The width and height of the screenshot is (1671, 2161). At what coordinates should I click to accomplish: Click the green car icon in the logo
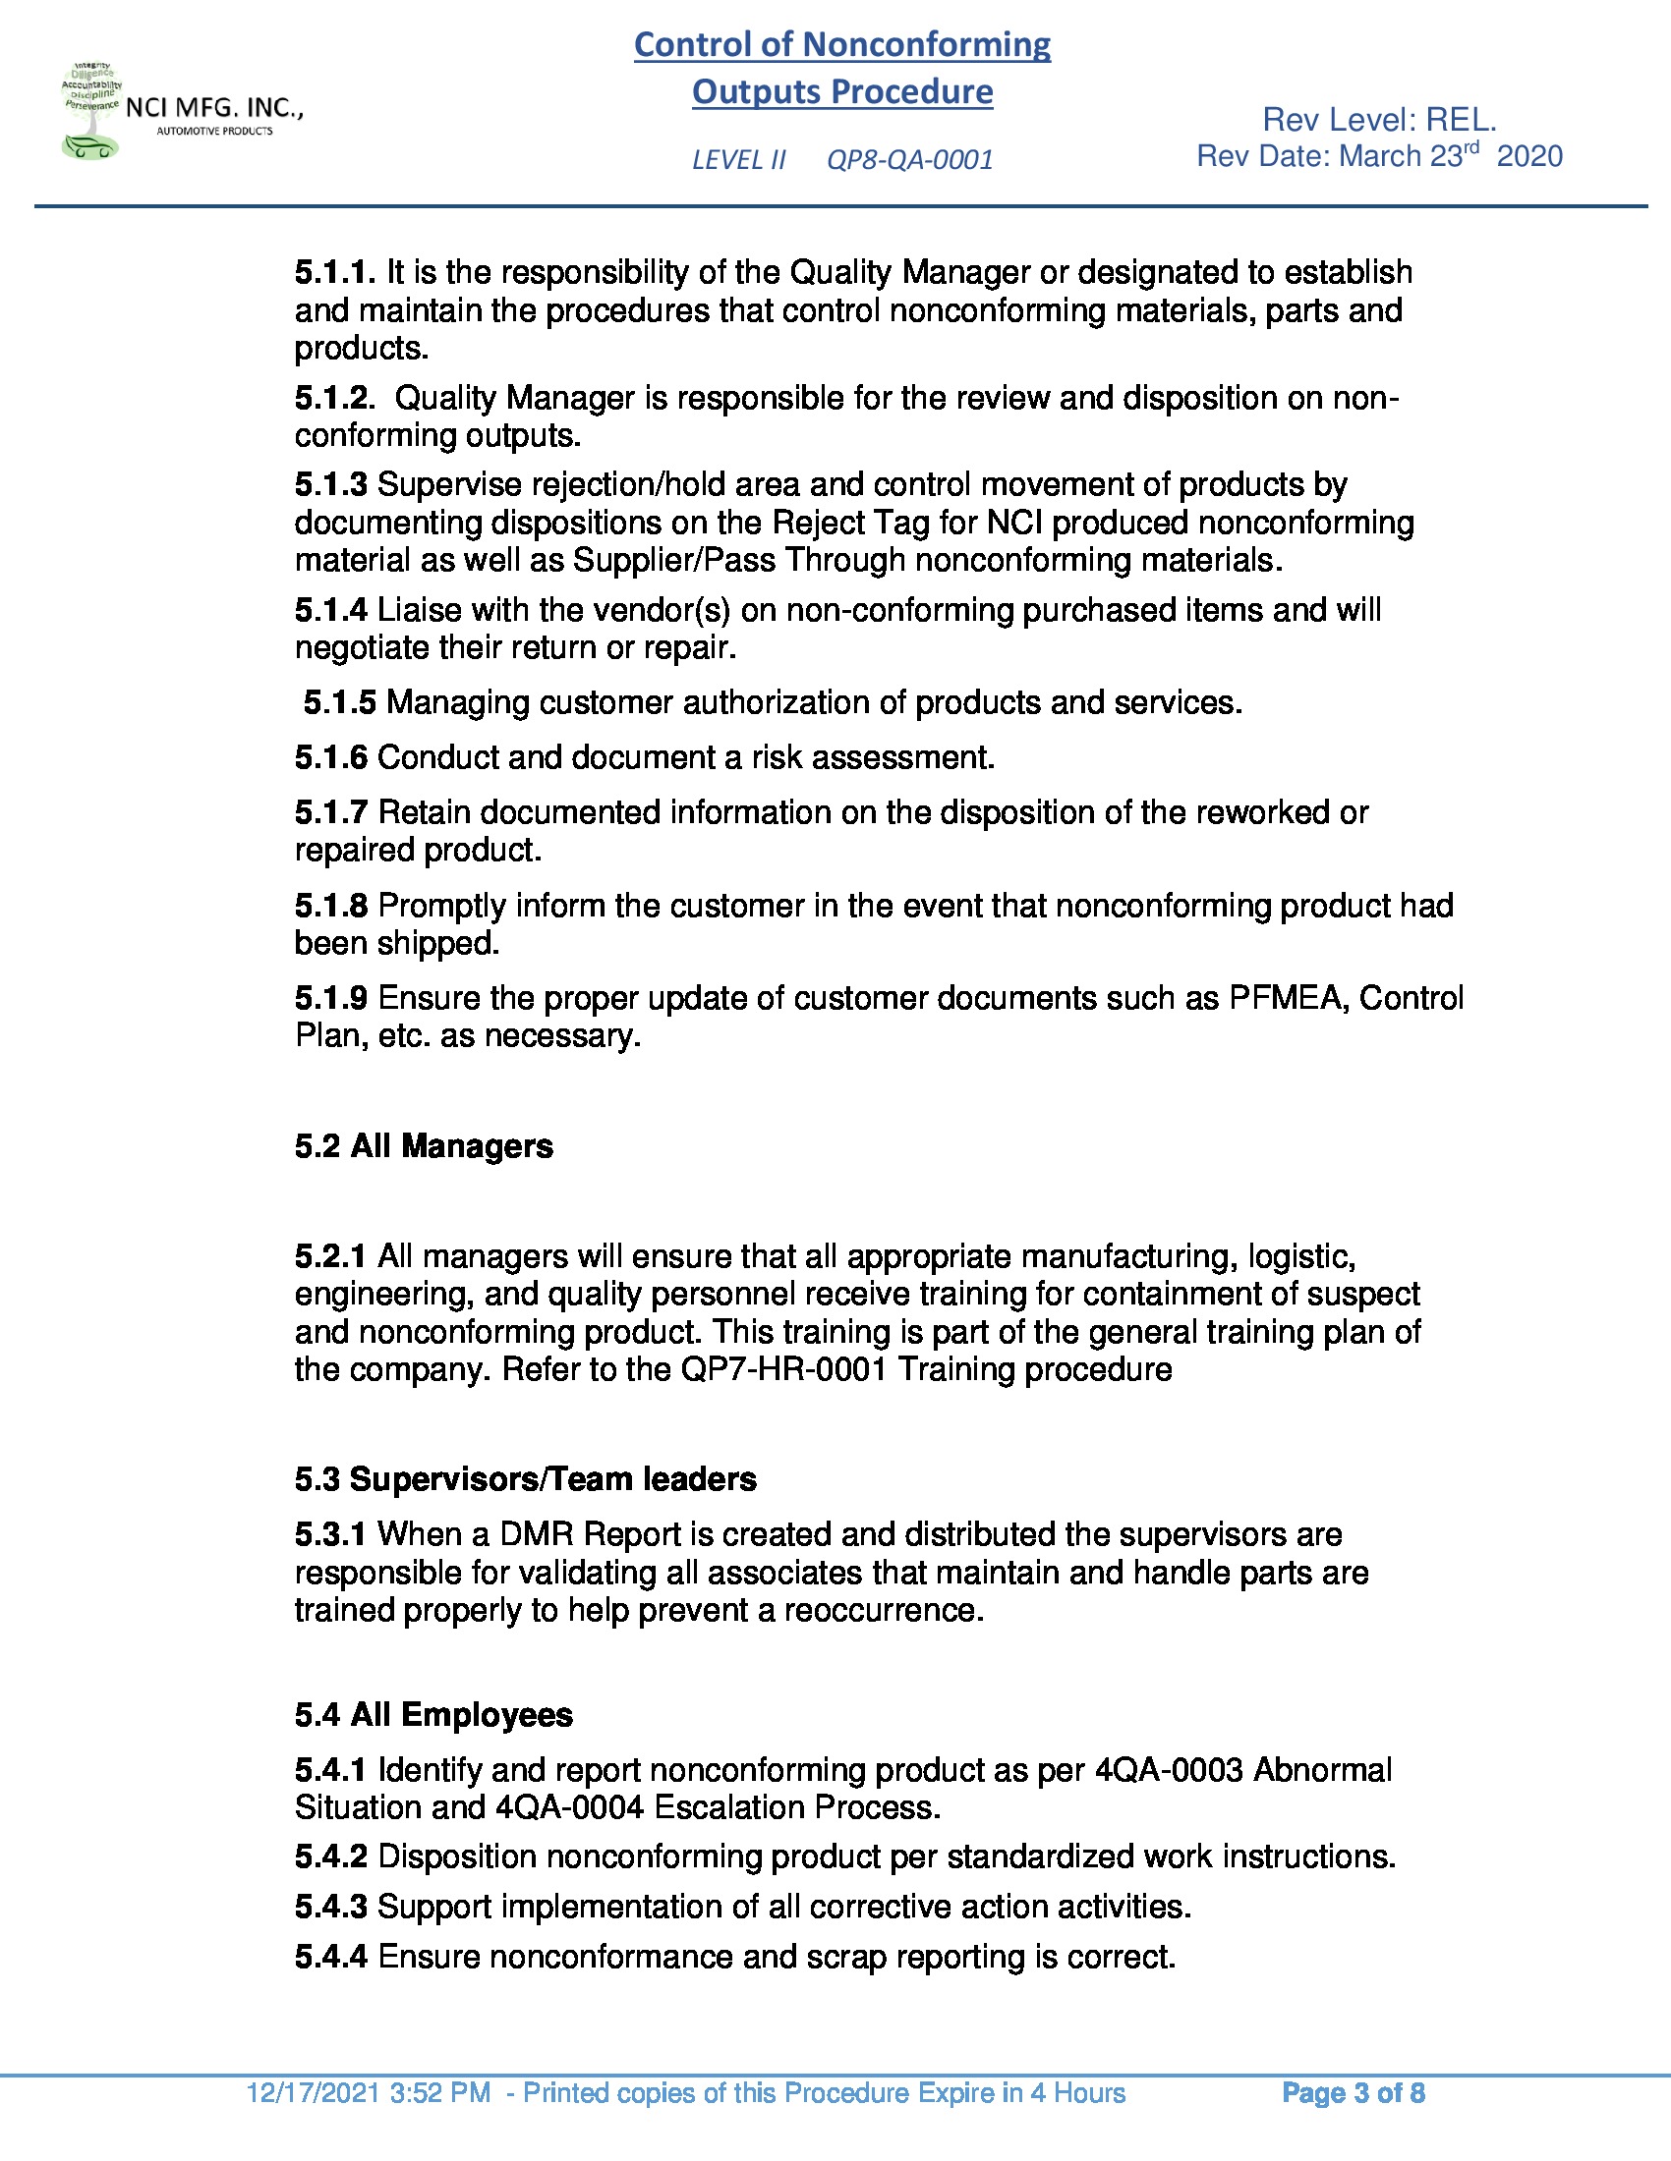pos(89,147)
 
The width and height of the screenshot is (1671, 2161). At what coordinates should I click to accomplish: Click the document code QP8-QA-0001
pos(909,160)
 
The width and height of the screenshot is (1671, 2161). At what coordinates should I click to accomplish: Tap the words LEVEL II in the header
pos(738,160)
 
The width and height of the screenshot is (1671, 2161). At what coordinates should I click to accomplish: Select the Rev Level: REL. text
pos(1379,121)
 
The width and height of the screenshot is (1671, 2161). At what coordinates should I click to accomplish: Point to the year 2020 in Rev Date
pos(1529,156)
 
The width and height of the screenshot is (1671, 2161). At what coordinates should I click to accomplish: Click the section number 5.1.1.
pos(334,272)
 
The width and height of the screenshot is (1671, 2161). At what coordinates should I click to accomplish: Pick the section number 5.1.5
pos(339,702)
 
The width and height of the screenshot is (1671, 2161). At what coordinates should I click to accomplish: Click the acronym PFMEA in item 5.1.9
pos(1287,998)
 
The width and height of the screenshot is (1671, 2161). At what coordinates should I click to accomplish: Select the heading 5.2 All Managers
pos(424,1146)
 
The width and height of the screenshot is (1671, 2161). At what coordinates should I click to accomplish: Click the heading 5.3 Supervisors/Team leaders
pos(526,1479)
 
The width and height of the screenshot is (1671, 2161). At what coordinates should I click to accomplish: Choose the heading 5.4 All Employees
pos(433,1715)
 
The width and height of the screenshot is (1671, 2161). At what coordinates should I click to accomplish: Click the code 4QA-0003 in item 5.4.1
pos(1168,1770)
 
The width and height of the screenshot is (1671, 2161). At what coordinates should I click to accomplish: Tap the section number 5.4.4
pos(330,1957)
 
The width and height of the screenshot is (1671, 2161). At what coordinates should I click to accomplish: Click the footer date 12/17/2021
pos(313,2094)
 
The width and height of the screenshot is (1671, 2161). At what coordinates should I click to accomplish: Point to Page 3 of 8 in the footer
pos(1353,2094)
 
